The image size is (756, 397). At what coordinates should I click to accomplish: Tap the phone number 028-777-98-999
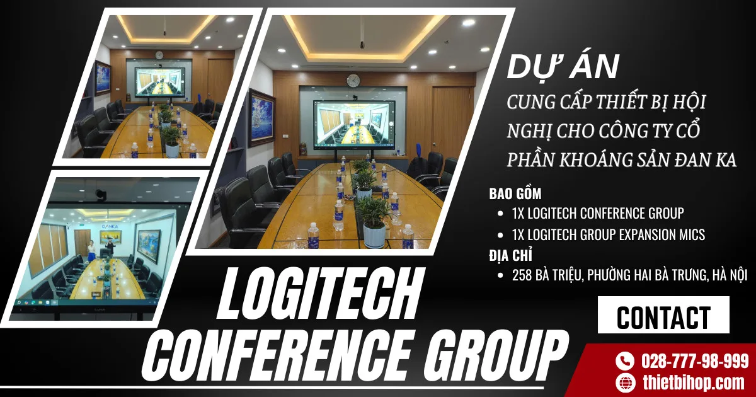click(x=694, y=361)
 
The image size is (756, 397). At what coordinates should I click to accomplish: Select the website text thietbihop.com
click(x=693, y=382)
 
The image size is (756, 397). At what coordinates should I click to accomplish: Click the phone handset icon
click(x=624, y=361)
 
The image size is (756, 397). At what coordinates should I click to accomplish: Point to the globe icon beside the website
click(x=624, y=382)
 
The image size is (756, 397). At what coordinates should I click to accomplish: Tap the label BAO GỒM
click(x=515, y=193)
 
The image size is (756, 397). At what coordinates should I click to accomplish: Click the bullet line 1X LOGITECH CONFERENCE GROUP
click(x=598, y=213)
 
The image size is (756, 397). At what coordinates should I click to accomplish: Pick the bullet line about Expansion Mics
click(x=609, y=235)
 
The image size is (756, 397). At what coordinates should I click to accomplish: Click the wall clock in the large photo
click(x=353, y=81)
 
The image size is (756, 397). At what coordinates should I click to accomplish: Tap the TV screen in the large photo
click(x=354, y=124)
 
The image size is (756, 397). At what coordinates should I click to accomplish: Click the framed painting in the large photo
click(x=261, y=118)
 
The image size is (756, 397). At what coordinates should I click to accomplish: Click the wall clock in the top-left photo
click(x=159, y=55)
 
